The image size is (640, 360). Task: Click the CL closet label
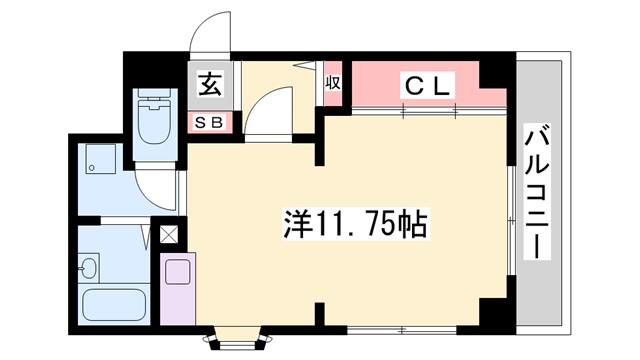(428, 85)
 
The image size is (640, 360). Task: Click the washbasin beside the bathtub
(89, 267)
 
